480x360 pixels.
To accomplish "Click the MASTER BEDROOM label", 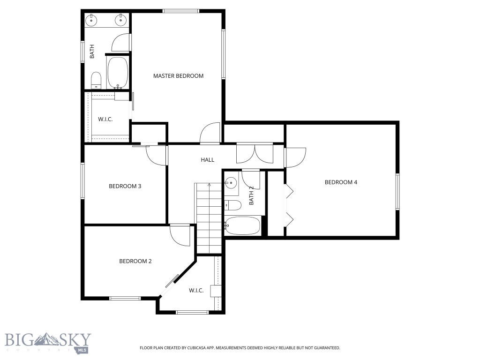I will click(x=178, y=76).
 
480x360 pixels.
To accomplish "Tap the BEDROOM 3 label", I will click(x=125, y=186).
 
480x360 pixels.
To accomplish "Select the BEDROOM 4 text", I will click(x=341, y=182).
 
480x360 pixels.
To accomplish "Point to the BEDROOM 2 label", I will click(x=135, y=262).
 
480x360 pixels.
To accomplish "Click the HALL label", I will click(x=207, y=160).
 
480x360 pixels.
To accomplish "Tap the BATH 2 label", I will click(x=251, y=195).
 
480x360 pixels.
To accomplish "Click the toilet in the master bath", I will click(x=96, y=80).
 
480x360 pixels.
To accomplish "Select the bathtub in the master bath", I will click(x=118, y=73).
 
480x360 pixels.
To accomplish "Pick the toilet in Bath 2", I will click(x=232, y=205).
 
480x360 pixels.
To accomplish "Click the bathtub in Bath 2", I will click(x=242, y=226).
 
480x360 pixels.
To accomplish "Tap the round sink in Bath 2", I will click(x=231, y=183).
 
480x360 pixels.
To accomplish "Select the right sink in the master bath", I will click(x=121, y=20).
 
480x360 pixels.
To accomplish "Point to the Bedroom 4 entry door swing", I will click(x=296, y=158).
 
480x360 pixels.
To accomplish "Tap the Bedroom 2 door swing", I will click(x=180, y=235).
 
